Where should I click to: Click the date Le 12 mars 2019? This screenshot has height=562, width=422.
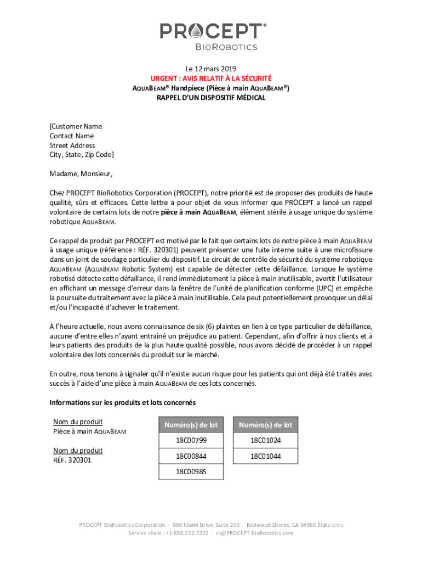(x=211, y=69)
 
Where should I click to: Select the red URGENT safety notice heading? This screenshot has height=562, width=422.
(x=211, y=78)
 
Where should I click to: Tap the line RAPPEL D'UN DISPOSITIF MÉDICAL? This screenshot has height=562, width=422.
(x=211, y=98)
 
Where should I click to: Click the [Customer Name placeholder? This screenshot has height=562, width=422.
(x=76, y=126)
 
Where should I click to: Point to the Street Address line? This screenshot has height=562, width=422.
(x=72, y=145)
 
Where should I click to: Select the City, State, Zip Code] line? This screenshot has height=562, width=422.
(x=82, y=155)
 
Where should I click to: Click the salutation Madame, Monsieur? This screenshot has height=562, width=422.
(x=81, y=175)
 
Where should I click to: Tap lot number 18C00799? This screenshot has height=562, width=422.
(x=191, y=440)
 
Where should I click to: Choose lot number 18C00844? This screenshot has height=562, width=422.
(x=191, y=456)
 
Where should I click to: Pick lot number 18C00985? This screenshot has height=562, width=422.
(x=191, y=471)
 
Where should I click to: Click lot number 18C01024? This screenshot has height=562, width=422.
(x=266, y=440)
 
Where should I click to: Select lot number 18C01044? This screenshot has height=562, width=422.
(x=266, y=456)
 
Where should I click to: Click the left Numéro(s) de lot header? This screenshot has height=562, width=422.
(x=191, y=425)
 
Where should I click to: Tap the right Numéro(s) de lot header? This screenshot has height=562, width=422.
(x=266, y=425)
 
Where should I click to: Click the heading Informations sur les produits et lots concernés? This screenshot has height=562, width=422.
(x=122, y=403)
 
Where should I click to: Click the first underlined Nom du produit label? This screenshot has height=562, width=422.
(x=78, y=422)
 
